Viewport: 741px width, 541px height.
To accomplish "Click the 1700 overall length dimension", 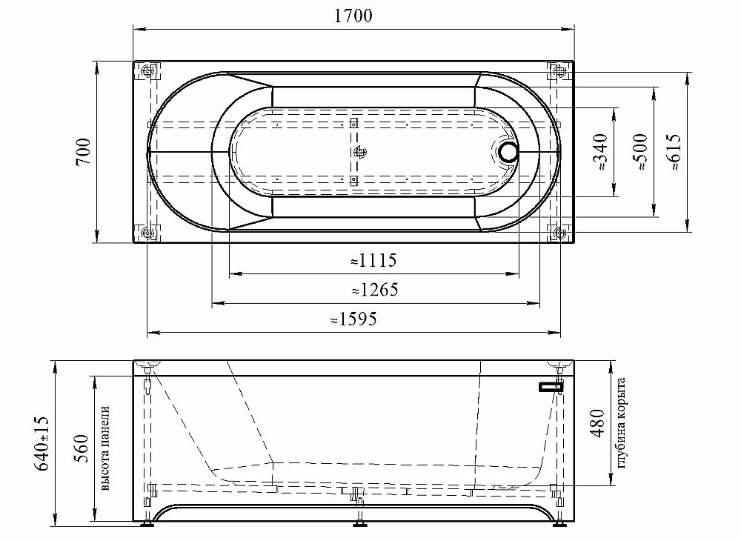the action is click(x=353, y=16).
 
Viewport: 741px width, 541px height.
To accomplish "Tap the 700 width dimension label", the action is click(x=83, y=152).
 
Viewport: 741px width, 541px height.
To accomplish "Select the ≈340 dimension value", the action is click(x=599, y=152).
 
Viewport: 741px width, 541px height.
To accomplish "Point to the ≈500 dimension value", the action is click(x=640, y=152).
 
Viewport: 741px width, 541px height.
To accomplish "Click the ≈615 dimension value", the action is click(x=674, y=152).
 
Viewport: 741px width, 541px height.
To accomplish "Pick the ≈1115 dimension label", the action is click(x=373, y=260).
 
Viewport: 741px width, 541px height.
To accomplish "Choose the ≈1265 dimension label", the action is click(x=375, y=290).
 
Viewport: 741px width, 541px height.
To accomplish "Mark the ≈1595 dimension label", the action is click(x=353, y=319).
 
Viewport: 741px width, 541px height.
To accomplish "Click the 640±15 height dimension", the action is click(x=41, y=443).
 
